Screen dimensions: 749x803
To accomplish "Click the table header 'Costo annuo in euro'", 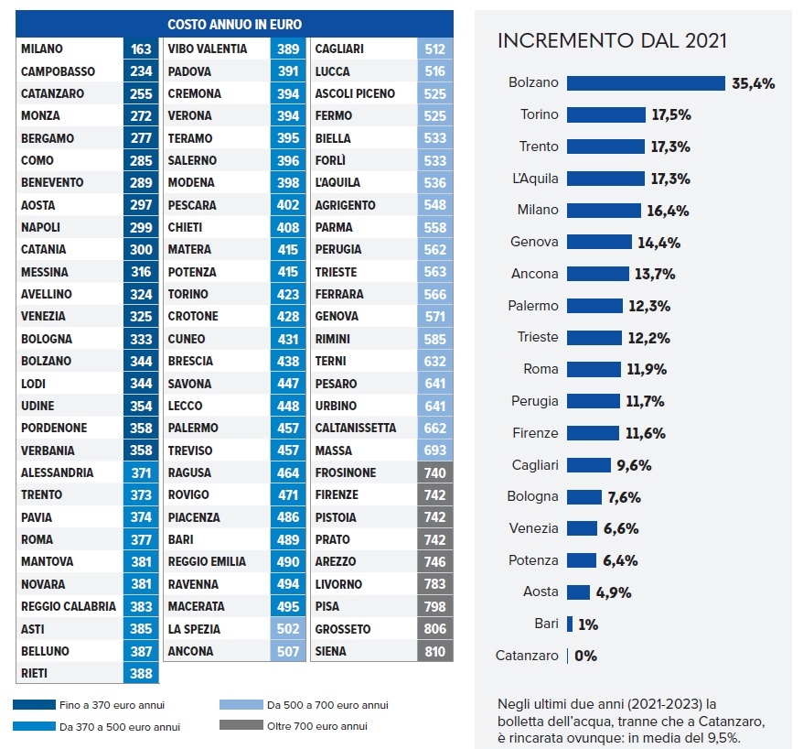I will tap(234, 25).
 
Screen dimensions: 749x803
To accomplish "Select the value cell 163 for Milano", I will tap(141, 49).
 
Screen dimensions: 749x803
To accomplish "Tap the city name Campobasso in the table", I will tap(59, 71).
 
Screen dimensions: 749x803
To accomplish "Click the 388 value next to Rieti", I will tap(141, 673).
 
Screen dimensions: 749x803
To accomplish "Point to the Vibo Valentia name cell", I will tap(207, 49).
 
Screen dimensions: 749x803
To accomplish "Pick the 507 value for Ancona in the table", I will tap(288, 651).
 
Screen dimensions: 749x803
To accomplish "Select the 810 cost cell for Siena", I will tap(434, 651).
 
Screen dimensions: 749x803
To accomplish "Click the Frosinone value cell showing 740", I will tap(434, 472).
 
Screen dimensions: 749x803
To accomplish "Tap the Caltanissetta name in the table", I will tap(355, 428).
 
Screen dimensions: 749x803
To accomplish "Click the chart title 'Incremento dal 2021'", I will tap(612, 41).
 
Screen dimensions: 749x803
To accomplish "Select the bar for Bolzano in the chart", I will tap(646, 83).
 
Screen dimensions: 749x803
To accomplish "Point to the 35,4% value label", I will tap(754, 83).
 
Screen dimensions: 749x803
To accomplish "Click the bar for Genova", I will tap(599, 242).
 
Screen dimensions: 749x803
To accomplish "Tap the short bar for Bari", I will tap(570, 624).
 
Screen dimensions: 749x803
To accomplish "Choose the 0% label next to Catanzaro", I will tap(585, 656).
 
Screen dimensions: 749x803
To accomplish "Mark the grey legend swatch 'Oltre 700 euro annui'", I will tap(240, 726).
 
